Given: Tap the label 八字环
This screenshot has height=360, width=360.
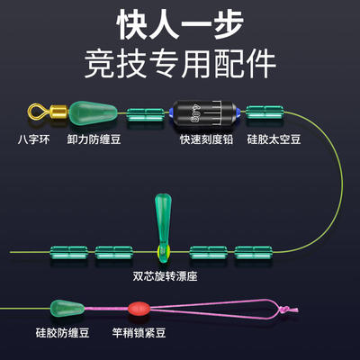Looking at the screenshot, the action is coord(34,139).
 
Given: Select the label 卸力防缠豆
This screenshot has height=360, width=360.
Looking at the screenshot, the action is coord(94,139).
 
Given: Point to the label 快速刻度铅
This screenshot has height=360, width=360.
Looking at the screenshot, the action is coord(206,139).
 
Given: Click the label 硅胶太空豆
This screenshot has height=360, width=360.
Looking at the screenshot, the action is coord(274,139).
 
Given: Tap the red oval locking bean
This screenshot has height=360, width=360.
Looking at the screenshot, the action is coord(139,308).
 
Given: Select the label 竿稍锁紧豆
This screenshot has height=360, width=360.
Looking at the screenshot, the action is coord(139,333).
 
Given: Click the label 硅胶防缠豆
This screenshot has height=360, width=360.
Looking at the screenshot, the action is coord(62,333).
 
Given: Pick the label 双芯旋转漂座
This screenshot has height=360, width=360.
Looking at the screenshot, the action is coord(165,276).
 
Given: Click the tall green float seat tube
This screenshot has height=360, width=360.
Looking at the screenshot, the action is coord(163,227).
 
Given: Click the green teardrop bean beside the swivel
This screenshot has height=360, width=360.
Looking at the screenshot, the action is coord(93,112).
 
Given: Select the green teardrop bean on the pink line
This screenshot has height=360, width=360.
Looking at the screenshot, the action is coord(67,308).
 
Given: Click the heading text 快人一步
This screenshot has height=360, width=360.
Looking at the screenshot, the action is coord(180,24).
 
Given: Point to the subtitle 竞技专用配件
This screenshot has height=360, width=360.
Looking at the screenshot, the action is coord(180,64).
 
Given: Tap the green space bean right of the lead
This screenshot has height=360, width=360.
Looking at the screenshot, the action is coord(265,112).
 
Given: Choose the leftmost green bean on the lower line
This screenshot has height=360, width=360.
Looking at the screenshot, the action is coord(69,252).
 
